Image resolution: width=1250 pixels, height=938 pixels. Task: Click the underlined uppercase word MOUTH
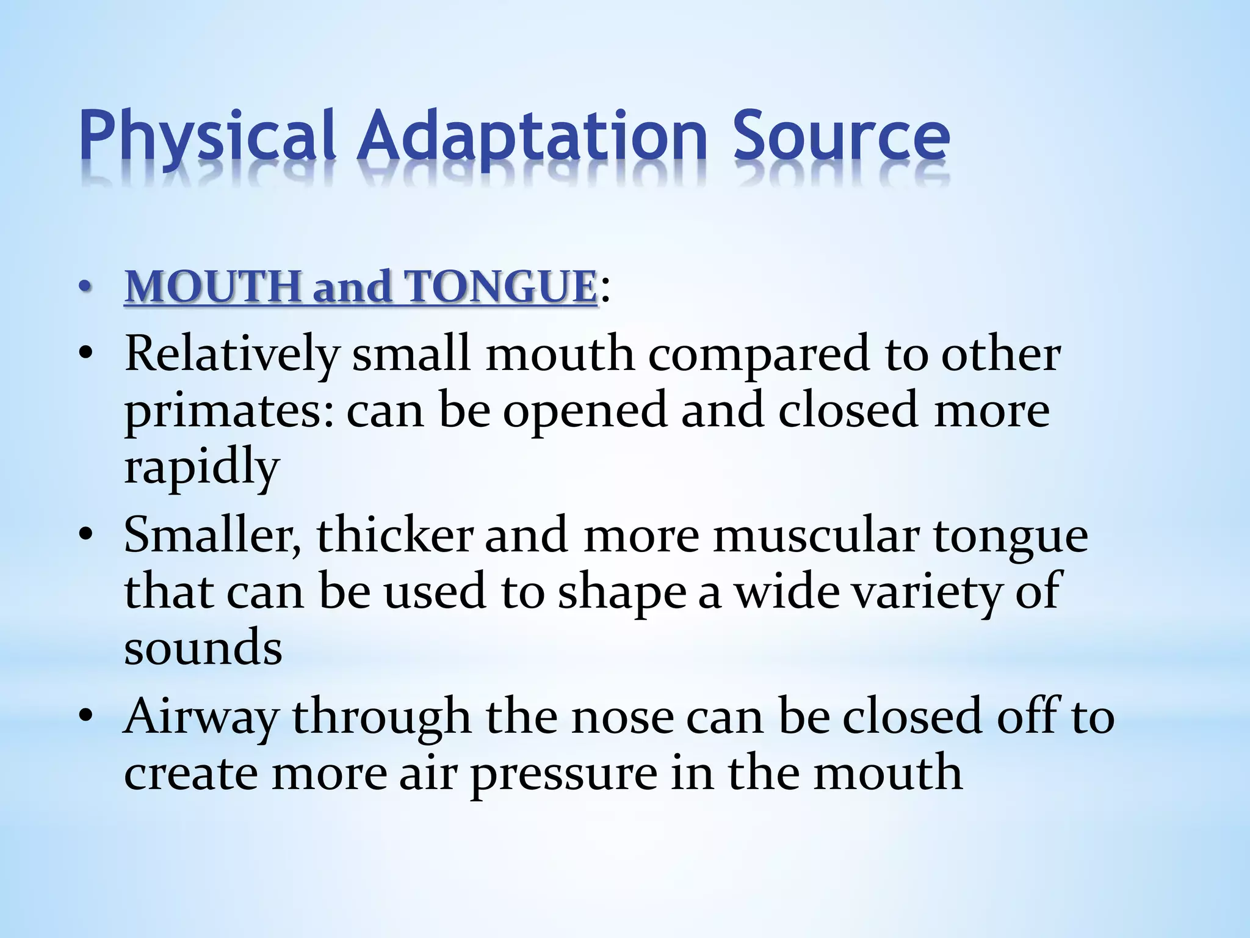click(x=214, y=286)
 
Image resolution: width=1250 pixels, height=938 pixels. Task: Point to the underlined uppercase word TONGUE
click(x=500, y=286)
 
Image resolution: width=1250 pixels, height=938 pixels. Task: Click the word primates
click(x=229, y=412)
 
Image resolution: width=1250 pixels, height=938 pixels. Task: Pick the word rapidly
click(x=201, y=468)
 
